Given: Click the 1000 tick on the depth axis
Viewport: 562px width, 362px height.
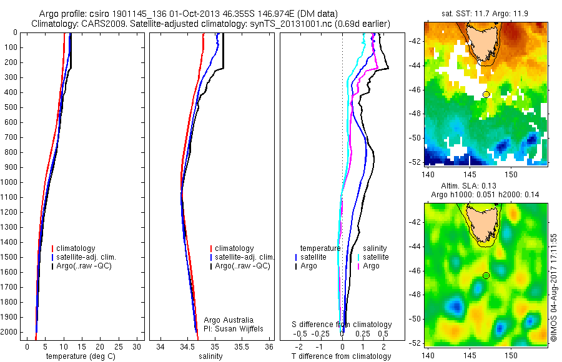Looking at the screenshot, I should point(10,182).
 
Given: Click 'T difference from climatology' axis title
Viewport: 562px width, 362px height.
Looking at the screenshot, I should point(341,356).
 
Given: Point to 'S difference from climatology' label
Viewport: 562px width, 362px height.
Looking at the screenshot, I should point(342,325).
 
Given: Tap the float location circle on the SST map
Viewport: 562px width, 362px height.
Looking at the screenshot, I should point(486,94).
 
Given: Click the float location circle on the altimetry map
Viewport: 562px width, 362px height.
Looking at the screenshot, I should point(486,275).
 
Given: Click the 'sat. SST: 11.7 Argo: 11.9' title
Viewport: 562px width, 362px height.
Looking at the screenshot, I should point(485,12).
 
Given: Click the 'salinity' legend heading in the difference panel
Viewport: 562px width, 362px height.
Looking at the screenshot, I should point(374,248).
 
